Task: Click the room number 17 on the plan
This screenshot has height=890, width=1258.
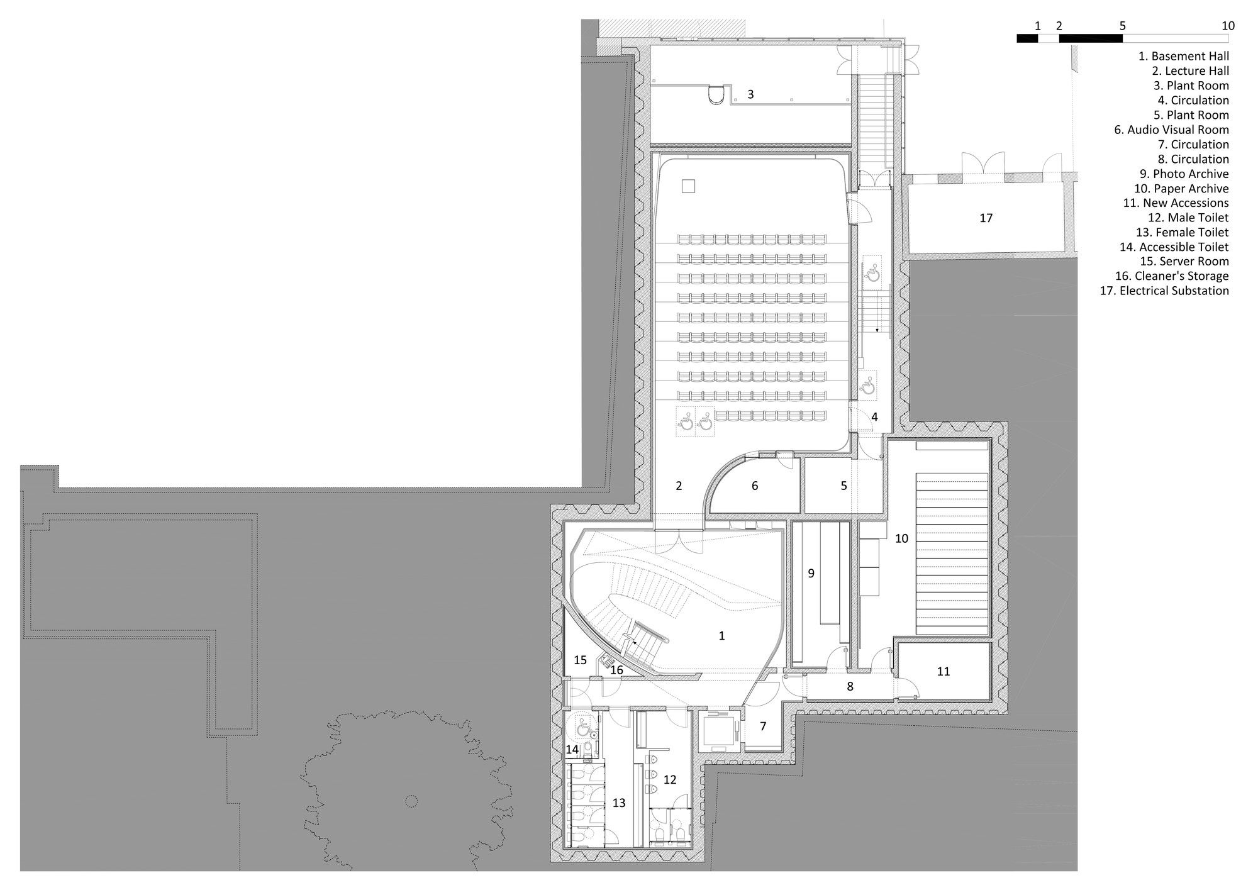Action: point(986,218)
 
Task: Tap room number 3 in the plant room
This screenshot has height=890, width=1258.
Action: point(750,95)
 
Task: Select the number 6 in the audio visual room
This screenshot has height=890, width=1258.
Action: point(755,486)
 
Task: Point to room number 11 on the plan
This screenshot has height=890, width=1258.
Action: point(943,672)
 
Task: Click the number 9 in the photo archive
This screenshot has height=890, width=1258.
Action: point(811,573)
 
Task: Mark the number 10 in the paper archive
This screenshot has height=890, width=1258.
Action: point(901,538)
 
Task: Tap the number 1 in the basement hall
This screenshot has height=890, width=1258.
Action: point(721,636)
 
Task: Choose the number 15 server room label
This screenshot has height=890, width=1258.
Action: point(580,660)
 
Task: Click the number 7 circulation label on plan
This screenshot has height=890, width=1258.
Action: point(763,726)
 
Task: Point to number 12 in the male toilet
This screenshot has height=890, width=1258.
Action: point(669,780)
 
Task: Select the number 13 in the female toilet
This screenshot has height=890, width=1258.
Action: point(619,803)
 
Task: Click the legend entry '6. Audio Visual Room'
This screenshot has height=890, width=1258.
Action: point(1171,130)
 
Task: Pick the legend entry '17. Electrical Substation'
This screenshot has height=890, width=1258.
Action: point(1164,291)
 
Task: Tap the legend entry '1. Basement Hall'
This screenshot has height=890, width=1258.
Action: point(1183,57)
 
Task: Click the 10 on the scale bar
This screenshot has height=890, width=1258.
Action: point(1227,26)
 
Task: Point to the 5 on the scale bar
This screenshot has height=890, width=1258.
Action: point(1122,26)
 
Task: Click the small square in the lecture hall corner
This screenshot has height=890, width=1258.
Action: point(688,186)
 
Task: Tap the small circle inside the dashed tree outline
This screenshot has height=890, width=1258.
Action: point(411,801)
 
